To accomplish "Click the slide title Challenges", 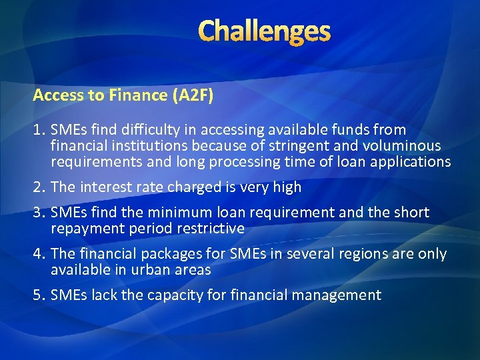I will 264,31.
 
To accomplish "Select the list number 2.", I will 38,187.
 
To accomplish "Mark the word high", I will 287,187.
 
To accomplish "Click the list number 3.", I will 38,213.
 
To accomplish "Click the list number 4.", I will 38,254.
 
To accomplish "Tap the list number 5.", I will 38,295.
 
